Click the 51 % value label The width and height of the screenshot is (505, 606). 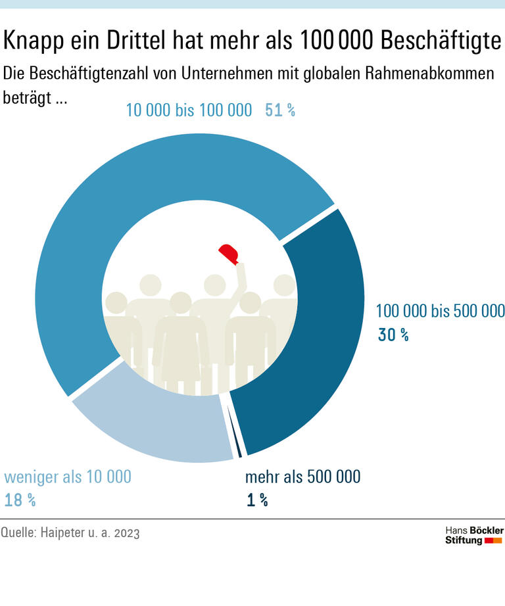click(x=280, y=110)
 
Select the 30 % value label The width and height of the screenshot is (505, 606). click(x=393, y=335)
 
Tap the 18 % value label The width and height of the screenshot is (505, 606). click(x=20, y=500)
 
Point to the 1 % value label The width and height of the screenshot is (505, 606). click(x=257, y=500)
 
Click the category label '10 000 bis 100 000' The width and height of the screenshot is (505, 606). click(x=189, y=110)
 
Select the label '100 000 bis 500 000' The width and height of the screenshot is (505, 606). click(x=439, y=311)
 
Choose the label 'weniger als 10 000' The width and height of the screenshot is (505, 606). click(x=68, y=477)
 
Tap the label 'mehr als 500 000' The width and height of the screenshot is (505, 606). click(x=302, y=477)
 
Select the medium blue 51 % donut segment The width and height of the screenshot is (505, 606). click(x=132, y=217)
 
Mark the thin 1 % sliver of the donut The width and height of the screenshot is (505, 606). click(x=236, y=437)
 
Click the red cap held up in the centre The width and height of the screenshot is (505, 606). click(x=229, y=253)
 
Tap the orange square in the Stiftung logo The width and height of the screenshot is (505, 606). click(x=498, y=540)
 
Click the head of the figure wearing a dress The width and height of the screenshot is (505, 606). click(x=180, y=304)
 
